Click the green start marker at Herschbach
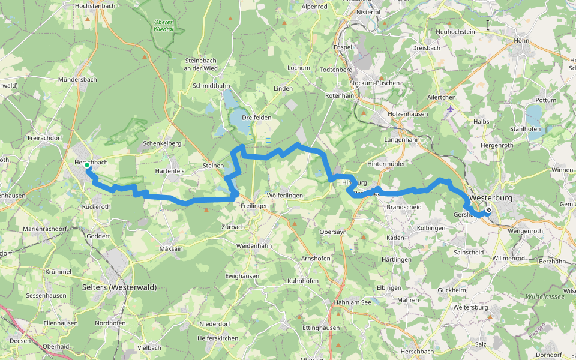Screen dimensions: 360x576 (87, 165)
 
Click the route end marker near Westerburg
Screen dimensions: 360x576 (488, 210)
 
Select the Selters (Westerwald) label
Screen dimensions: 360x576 (119, 287)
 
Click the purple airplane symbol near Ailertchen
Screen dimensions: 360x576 (451, 109)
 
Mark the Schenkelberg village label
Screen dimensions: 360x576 (162, 144)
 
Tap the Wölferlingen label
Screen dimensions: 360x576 (285, 196)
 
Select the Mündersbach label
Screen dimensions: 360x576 (77, 79)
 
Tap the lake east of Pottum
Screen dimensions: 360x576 (533, 115)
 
